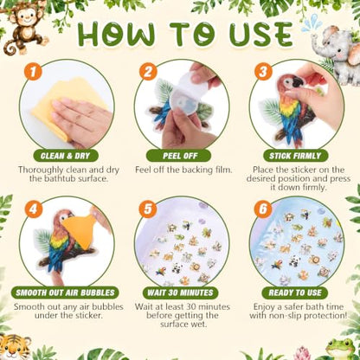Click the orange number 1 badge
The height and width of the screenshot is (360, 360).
pyautogui.click(x=33, y=72)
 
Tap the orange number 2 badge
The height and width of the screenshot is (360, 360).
pyautogui.click(x=148, y=72)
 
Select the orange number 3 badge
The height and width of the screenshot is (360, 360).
pyautogui.click(x=263, y=72)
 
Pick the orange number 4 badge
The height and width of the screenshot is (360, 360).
pyautogui.click(x=33, y=209)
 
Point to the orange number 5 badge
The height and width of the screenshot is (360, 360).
pyautogui.click(x=148, y=209)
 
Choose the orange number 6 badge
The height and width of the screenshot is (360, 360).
pyautogui.click(x=263, y=209)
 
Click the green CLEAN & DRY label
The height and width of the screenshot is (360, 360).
pyautogui.click(x=66, y=156)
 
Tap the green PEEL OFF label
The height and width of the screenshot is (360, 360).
pyautogui.click(x=179, y=156)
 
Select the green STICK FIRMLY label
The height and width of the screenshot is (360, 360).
pyautogui.click(x=295, y=156)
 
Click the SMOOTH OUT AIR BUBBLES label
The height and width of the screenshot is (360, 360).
pyautogui.click(x=65, y=292)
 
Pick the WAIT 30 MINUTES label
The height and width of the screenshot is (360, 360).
pyautogui.click(x=180, y=292)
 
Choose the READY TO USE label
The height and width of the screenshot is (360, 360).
pyautogui.click(x=295, y=292)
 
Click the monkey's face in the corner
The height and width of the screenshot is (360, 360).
pyautogui.click(x=24, y=17)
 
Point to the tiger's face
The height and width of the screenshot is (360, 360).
pyautogui.click(x=15, y=348)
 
